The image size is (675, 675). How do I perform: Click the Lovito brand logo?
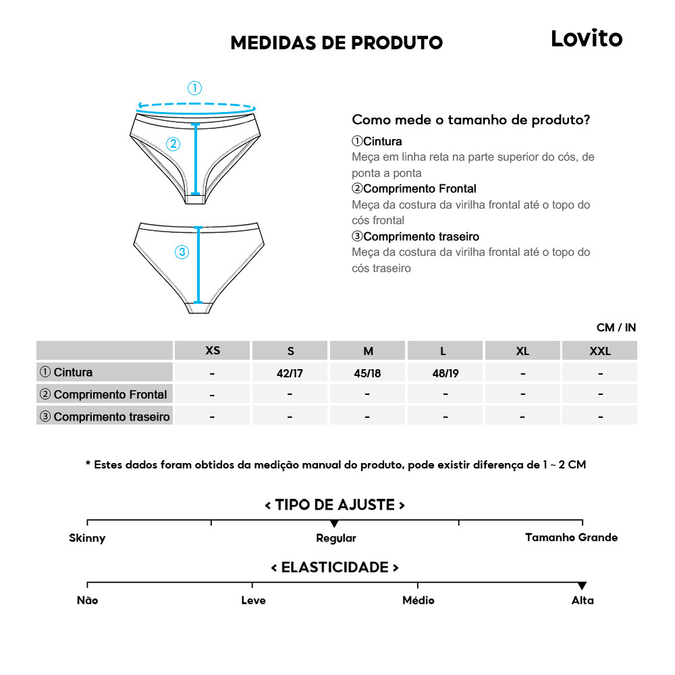(x=586, y=38)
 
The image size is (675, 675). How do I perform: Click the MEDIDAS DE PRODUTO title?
(x=336, y=43)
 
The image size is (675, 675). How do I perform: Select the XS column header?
(x=213, y=351)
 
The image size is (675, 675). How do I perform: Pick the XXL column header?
(x=599, y=351)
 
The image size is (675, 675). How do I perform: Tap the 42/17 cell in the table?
(x=290, y=373)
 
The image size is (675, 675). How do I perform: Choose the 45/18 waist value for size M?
(x=367, y=373)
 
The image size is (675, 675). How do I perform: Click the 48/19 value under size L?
(x=445, y=373)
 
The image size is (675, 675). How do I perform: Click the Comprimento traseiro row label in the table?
(x=105, y=416)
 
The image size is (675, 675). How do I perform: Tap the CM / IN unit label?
(x=616, y=328)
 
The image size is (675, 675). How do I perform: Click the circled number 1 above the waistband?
(x=194, y=88)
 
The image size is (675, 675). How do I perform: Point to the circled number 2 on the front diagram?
(x=173, y=144)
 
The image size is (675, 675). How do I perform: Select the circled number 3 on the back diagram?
(x=182, y=252)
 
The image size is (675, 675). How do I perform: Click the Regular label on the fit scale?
(x=335, y=538)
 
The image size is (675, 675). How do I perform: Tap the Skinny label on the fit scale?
(x=87, y=538)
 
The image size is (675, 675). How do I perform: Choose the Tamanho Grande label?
(x=571, y=537)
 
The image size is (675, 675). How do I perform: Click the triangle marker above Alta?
(x=582, y=586)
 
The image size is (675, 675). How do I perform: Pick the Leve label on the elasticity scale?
(x=253, y=600)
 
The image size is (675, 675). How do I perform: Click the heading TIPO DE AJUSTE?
(x=335, y=505)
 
